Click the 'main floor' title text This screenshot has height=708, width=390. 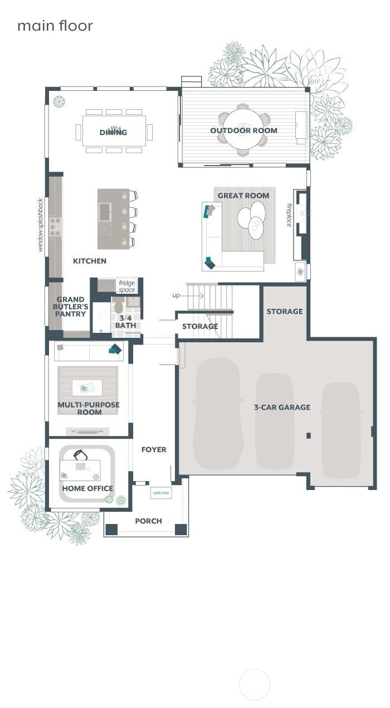55,26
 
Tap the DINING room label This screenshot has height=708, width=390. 113,132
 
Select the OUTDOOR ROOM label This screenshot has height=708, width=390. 243,130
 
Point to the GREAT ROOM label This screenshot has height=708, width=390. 243,195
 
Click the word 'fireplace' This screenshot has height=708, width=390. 289,215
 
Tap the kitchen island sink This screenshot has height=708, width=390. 105,211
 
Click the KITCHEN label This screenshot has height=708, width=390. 90,261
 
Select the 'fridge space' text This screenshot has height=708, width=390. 127,287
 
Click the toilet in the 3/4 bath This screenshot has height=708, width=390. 118,306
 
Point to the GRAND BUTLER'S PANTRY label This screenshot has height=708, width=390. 71,307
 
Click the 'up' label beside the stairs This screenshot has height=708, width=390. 176,295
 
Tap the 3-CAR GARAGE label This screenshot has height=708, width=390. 282,407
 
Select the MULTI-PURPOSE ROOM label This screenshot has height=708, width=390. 89,408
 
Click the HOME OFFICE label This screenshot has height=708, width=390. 87,488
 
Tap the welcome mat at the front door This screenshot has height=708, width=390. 161,493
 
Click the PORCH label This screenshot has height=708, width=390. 148,521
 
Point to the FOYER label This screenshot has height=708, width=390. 154,449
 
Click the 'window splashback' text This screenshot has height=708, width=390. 40,225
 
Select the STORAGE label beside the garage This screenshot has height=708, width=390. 284,311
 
